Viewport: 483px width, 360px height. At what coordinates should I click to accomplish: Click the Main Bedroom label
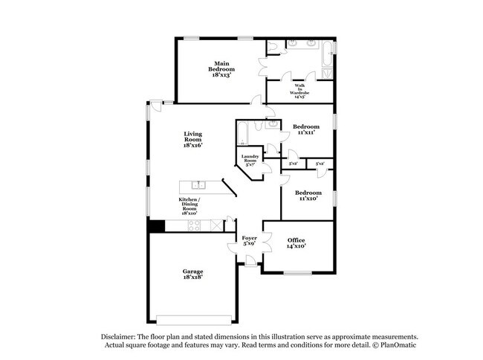pos(221,68)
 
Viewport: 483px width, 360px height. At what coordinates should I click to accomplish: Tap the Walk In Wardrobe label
pos(299,90)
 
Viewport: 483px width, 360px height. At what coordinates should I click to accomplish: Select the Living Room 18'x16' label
pos(193,139)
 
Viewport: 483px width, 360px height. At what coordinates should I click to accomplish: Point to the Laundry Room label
pos(249,160)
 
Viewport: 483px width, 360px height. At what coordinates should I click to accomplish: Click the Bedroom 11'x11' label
pos(305,129)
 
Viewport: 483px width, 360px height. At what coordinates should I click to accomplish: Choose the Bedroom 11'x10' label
pos(308,196)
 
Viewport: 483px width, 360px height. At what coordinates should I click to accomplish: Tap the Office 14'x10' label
pos(296,242)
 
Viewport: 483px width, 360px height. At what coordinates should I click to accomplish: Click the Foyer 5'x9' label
pos(250,241)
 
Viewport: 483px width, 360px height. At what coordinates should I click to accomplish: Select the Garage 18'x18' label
pos(193,274)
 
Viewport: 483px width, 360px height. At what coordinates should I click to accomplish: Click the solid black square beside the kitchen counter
pos(155,227)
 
